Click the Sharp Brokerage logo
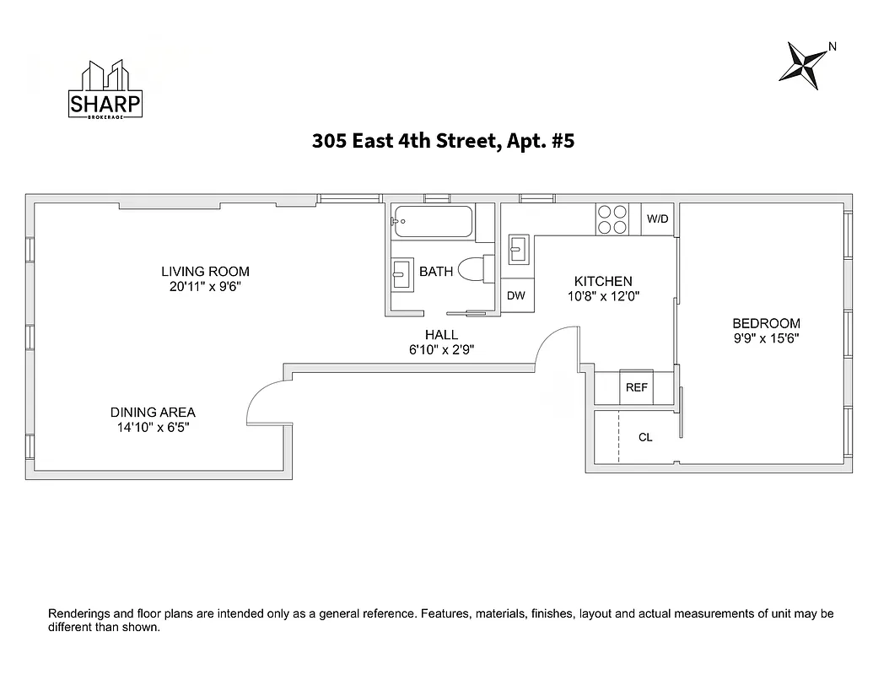click(x=105, y=89)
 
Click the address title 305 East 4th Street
click(x=443, y=142)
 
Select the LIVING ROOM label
click(x=205, y=272)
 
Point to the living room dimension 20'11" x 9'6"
click(x=205, y=286)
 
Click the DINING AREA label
click(x=153, y=413)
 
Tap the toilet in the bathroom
click(x=477, y=270)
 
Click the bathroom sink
click(x=401, y=274)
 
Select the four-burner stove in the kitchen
click(x=612, y=219)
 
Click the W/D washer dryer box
click(x=658, y=219)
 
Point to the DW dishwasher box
click(x=516, y=295)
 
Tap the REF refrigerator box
click(x=636, y=387)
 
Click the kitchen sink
click(x=518, y=250)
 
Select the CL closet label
click(x=645, y=437)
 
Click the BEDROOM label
click(x=766, y=323)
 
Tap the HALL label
click(x=441, y=335)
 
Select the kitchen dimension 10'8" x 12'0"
click(x=603, y=296)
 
